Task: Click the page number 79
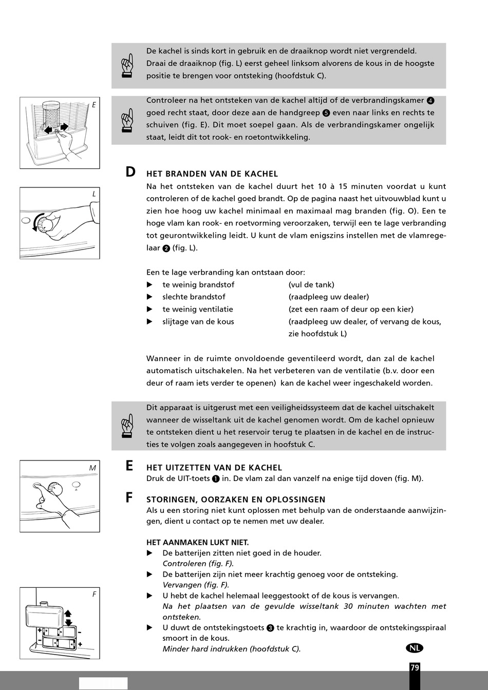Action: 415,667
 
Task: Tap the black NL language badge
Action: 415,648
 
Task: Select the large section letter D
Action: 130,172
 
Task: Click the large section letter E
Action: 129,466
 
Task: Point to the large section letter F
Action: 129,497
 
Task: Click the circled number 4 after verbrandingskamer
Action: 430,101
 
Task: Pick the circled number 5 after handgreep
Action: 326,113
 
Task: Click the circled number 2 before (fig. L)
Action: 166,248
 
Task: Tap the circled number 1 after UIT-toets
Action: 216,479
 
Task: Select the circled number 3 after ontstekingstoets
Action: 270,628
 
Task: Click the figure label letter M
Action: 92,468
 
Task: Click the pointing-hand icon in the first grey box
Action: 127,66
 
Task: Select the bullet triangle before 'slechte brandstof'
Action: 149,297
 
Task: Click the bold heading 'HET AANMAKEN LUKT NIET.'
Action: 198,542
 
